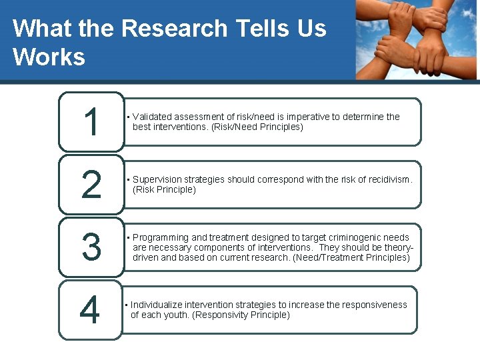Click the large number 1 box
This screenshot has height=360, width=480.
coord(91,122)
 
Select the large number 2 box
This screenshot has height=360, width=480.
coord(91,184)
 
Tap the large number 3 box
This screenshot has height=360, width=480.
coord(91,247)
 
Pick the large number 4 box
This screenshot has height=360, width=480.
coord(90,309)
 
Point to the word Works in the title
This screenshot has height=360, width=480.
coord(49,57)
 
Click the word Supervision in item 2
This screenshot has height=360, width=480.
coord(157,179)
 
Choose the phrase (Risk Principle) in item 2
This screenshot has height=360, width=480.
coord(165,189)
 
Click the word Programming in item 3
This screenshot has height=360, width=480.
coord(161,237)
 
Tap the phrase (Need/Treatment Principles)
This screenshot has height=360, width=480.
coord(351,257)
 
